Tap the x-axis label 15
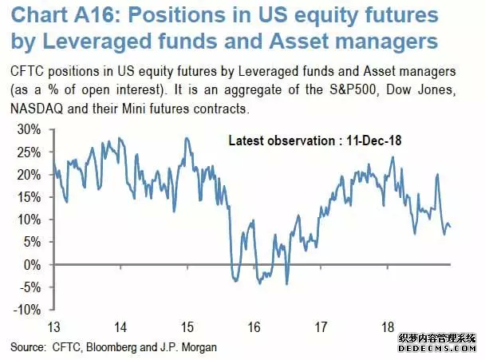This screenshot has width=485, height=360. click(187, 326)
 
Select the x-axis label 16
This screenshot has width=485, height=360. click(253, 326)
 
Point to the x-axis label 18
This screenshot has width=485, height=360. click(387, 326)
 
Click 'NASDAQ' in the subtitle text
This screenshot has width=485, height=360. click(35, 107)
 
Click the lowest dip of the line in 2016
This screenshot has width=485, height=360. click(286, 283)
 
